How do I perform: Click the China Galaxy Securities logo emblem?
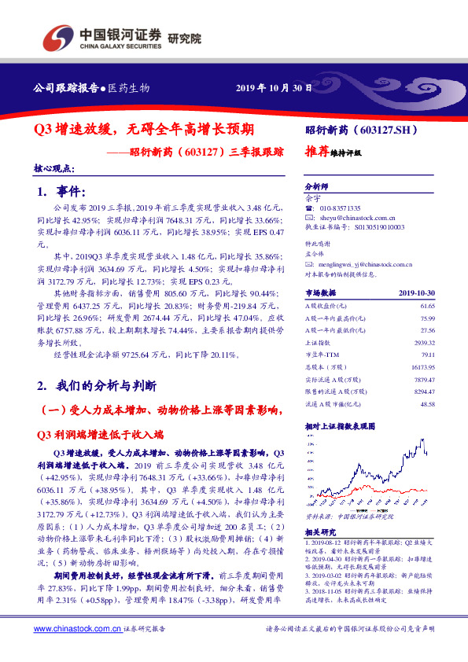(57, 37)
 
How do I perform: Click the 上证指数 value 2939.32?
(425, 344)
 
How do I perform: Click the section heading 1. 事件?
(60, 192)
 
